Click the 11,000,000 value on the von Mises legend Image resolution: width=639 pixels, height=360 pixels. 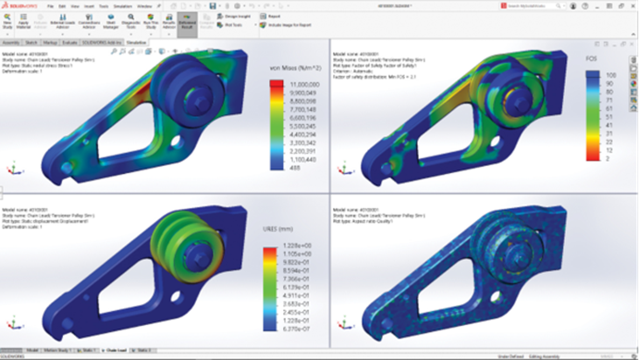click(293, 83)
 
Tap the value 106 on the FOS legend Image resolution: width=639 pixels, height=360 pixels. click(610, 73)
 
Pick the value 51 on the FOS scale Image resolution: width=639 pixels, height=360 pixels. click(610, 116)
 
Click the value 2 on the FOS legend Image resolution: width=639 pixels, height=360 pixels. click(608, 158)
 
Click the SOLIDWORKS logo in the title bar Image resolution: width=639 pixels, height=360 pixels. click(20, 6)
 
